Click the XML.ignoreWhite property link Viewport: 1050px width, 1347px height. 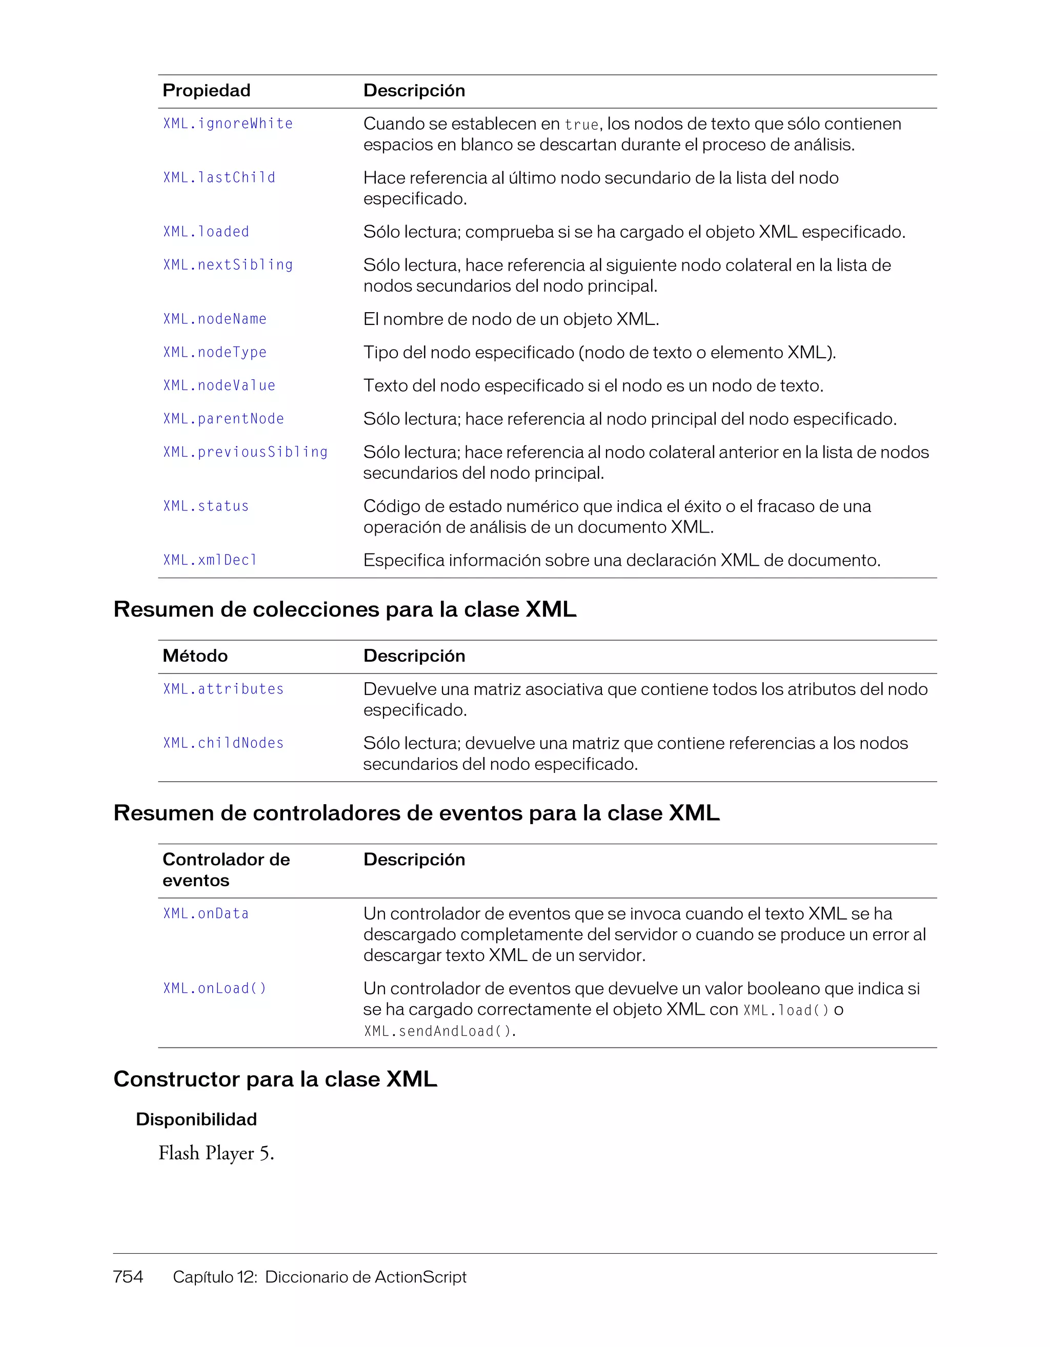click(228, 124)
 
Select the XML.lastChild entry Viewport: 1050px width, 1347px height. click(219, 178)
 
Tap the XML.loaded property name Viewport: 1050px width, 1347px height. click(206, 232)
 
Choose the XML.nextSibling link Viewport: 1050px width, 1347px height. click(228, 265)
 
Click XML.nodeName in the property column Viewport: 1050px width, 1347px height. click(215, 319)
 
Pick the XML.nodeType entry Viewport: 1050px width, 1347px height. click(215, 352)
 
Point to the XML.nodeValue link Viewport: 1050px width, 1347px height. click(219, 385)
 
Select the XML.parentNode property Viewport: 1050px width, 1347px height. click(224, 419)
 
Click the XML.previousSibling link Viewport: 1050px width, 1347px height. click(245, 452)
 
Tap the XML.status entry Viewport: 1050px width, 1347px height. click(206, 506)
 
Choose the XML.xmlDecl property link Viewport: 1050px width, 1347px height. click(210, 560)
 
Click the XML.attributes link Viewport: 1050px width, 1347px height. click(224, 689)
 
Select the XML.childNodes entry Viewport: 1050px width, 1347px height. click(224, 743)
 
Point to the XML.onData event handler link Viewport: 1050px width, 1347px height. click(206, 913)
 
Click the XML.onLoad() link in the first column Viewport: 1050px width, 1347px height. click(215, 989)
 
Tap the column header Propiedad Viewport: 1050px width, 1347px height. click(206, 91)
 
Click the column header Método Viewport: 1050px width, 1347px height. click(195, 656)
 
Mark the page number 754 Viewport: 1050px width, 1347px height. click(128, 1277)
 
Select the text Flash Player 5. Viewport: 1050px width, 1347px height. click(216, 1153)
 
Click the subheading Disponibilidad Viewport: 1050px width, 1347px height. click(196, 1119)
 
